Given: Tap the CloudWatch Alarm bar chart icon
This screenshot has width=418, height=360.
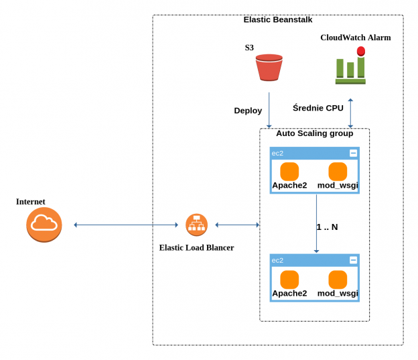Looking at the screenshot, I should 350,67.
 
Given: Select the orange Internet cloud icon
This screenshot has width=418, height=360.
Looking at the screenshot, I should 44,225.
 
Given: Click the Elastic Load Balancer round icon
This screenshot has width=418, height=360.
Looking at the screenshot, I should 196,225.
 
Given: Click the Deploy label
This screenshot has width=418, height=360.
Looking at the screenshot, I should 248,111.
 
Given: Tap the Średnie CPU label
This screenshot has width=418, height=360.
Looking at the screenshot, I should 318,107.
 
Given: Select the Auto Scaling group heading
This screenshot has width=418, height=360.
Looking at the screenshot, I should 314,133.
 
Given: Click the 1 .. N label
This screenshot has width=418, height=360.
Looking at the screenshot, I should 327,227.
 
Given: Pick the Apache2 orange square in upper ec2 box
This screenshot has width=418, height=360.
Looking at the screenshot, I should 289,171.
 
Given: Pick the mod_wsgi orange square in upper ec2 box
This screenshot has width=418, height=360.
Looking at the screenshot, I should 338,171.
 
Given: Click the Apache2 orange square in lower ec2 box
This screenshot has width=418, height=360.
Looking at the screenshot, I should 289,279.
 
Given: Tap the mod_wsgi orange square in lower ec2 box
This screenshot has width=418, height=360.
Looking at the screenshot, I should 338,279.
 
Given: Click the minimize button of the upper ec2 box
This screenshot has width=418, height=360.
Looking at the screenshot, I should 353,153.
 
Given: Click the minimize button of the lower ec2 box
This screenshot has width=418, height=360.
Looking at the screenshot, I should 353,260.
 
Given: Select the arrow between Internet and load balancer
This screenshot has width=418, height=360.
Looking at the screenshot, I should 127,225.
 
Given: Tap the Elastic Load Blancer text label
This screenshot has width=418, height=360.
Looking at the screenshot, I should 196,247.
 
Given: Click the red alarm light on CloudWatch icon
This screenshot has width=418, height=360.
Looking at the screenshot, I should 360,51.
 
